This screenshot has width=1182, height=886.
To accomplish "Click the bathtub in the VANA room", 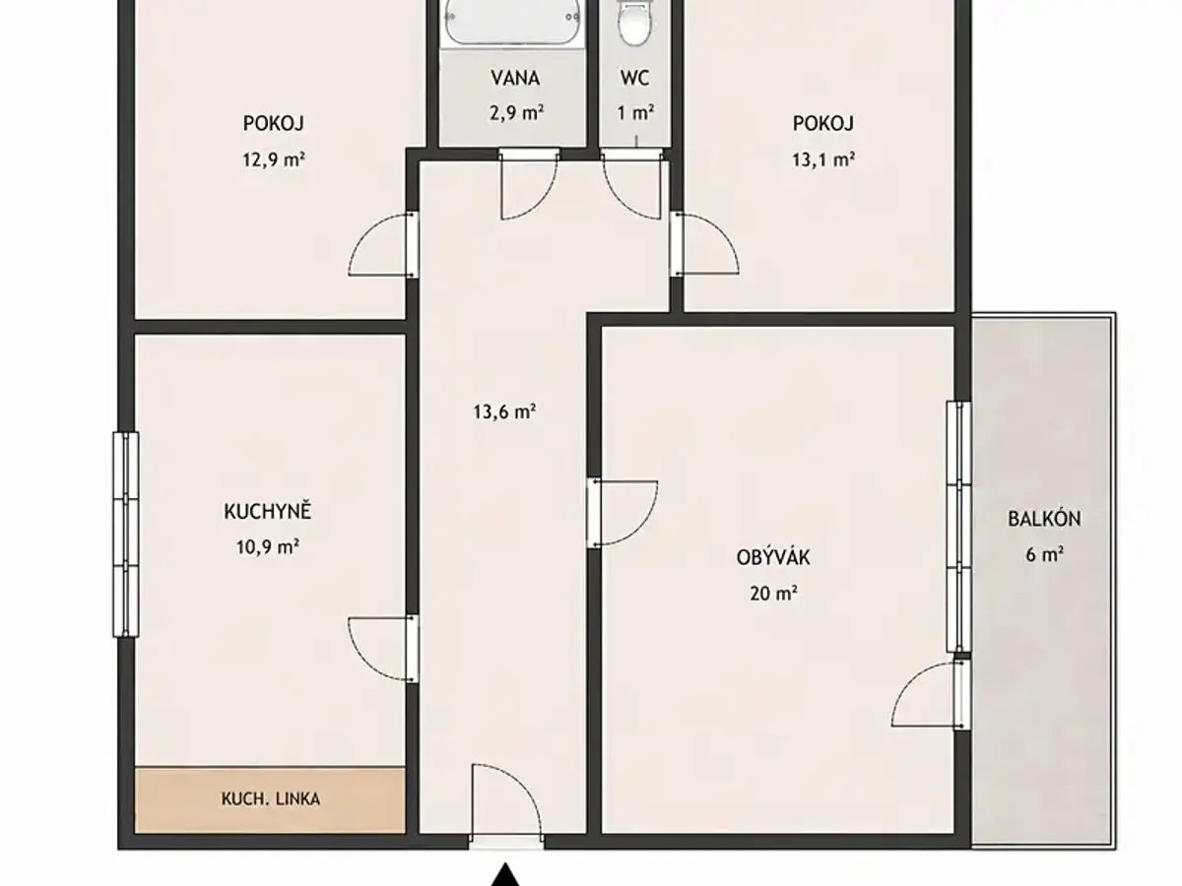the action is pyautogui.click(x=512, y=23).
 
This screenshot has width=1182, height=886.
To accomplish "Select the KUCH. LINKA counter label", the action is pyautogui.click(x=270, y=799).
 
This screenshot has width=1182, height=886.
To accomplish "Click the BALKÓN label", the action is pyautogui.click(x=1044, y=519).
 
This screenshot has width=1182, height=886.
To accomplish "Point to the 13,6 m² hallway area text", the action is pyautogui.click(x=504, y=412).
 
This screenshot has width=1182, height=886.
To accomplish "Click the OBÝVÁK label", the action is pyautogui.click(x=773, y=557).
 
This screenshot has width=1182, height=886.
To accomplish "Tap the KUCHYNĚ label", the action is pyautogui.click(x=268, y=511).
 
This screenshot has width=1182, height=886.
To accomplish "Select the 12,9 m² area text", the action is pyautogui.click(x=274, y=159).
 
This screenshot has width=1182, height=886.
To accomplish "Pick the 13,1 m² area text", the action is pyautogui.click(x=823, y=159).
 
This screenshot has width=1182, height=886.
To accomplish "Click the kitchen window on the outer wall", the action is pyautogui.click(x=125, y=535).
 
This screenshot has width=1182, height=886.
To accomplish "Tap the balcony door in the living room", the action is pyautogui.click(x=931, y=694).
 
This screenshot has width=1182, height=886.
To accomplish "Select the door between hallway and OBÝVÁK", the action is pyautogui.click(x=622, y=513).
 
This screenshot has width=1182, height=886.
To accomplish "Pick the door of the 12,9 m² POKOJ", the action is pyautogui.click(x=383, y=245).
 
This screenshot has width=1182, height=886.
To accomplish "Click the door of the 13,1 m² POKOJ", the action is pyautogui.click(x=705, y=244).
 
